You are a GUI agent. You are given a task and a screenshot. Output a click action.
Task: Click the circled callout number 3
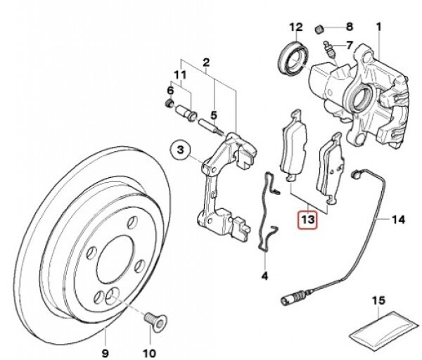pos(180,150)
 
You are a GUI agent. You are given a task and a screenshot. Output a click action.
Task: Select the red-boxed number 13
pos(307,219)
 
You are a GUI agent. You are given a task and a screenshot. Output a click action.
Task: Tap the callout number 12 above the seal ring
pos(296,27)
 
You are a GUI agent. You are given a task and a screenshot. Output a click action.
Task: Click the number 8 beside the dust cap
pos(349,27)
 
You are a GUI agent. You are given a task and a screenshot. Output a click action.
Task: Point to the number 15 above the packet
pos(378,300)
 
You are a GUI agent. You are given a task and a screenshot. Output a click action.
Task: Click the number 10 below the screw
pos(150,353)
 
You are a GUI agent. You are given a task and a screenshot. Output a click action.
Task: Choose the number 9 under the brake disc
pos(105,353)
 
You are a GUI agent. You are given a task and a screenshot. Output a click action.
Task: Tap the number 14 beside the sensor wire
pos(398,220)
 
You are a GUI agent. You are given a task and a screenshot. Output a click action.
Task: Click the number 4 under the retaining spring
pos(265,276)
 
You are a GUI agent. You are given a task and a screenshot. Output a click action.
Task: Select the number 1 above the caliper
pos(378,27)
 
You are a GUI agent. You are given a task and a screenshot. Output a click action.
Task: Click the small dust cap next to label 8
pos(319,30)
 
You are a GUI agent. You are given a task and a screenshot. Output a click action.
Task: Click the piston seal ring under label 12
pos(293,58)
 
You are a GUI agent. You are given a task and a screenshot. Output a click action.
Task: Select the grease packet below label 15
pos(384,328)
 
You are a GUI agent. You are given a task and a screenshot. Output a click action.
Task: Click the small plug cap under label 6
pos(169,103)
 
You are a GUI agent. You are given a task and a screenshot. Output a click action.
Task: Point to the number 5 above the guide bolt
pos(213,116)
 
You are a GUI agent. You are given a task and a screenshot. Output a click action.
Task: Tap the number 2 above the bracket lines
pos(206,63)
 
